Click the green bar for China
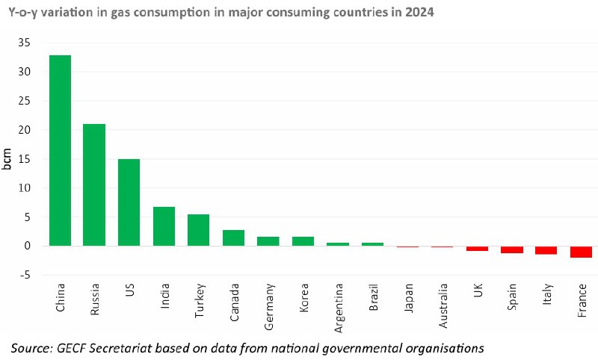(61, 150)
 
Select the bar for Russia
(94, 184)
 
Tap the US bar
(129, 202)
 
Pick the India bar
(164, 226)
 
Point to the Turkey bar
(198, 230)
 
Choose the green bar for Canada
(233, 238)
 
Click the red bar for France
(582, 252)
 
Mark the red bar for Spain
(512, 249)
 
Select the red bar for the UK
(477, 249)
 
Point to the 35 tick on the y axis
(24, 43)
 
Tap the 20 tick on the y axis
(24, 130)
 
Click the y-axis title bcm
(7, 159)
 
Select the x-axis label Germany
(269, 307)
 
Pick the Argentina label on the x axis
(339, 308)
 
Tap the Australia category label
(443, 306)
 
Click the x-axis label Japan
(408, 298)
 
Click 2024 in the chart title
(419, 12)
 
